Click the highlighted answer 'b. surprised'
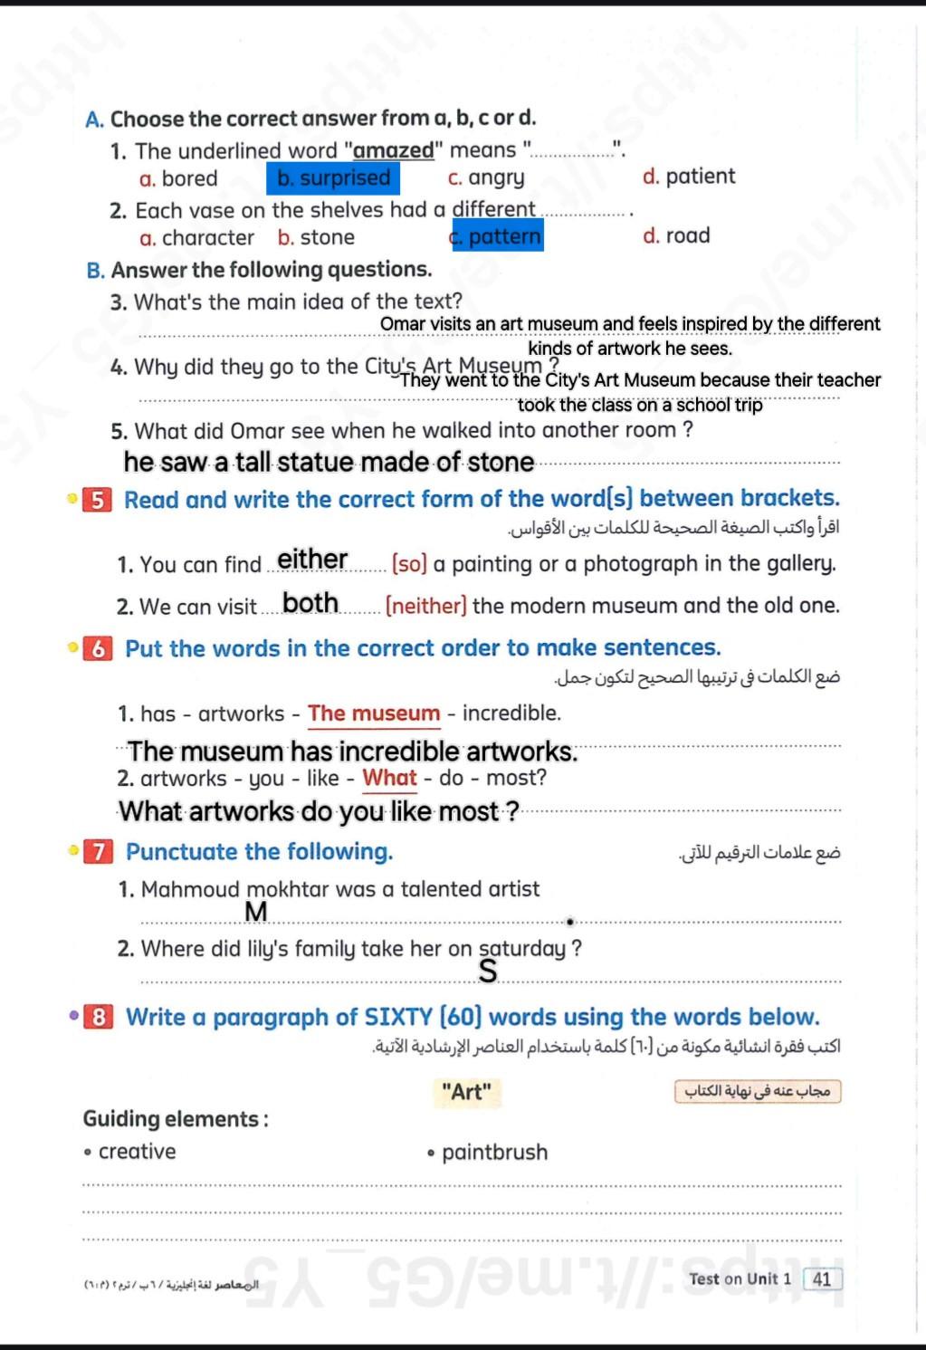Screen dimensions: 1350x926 tap(333, 178)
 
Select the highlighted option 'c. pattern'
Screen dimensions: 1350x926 tap(497, 236)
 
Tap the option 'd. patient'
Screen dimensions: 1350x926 tap(689, 177)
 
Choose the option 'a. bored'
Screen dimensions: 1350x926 tap(178, 179)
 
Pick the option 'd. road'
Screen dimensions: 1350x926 tap(676, 236)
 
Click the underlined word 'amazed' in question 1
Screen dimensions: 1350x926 tap(393, 151)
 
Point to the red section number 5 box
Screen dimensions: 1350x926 tap(98, 500)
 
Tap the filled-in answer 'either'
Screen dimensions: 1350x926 tap(312, 560)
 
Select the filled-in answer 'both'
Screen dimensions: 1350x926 tap(310, 603)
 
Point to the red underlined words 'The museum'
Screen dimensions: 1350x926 tap(374, 713)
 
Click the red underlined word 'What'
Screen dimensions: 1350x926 tap(389, 778)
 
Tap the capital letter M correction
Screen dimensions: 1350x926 tap(256, 912)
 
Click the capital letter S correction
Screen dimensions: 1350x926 tap(488, 972)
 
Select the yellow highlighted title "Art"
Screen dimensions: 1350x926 tap(466, 1092)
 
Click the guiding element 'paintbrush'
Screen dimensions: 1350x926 tap(494, 1153)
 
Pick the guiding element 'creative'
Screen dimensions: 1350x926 tap(137, 1152)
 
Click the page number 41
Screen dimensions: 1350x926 tap(822, 1279)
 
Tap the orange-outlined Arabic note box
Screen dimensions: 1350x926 tap(758, 1091)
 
